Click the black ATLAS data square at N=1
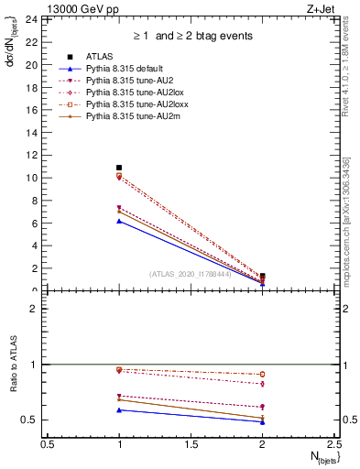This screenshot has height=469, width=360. [119, 168]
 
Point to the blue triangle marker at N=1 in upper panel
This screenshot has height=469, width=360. [119, 221]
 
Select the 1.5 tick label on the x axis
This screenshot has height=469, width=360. [191, 443]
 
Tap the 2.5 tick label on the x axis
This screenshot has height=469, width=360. [333, 443]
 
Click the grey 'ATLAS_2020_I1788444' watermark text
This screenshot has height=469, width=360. [191, 274]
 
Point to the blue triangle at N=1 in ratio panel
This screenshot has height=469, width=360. [119, 409]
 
